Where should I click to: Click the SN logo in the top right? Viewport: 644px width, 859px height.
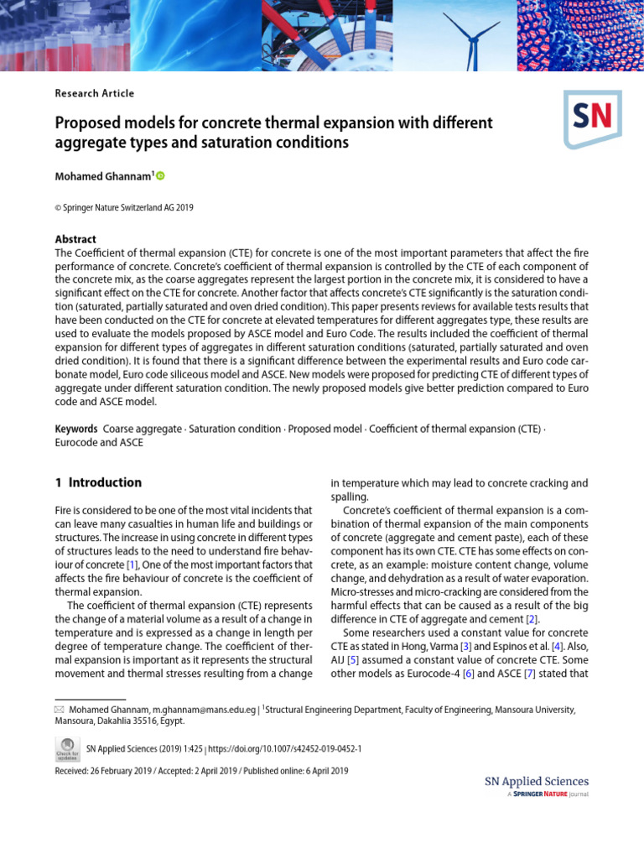point(592,118)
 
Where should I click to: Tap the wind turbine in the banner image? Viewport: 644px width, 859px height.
point(471,34)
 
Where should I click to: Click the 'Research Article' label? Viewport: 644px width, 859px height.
point(94,93)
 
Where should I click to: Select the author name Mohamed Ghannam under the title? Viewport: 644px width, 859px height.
point(102,176)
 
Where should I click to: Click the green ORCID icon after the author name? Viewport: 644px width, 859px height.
point(160,176)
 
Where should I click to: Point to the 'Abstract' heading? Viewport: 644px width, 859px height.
point(75,239)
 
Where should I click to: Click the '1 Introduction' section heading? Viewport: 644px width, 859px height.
point(98,482)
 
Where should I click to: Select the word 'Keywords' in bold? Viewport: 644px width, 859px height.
point(76,429)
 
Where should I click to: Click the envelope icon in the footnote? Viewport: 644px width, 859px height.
point(60,709)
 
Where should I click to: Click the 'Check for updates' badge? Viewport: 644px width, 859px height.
point(66,747)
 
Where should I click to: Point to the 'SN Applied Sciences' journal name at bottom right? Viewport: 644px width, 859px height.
point(537,781)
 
